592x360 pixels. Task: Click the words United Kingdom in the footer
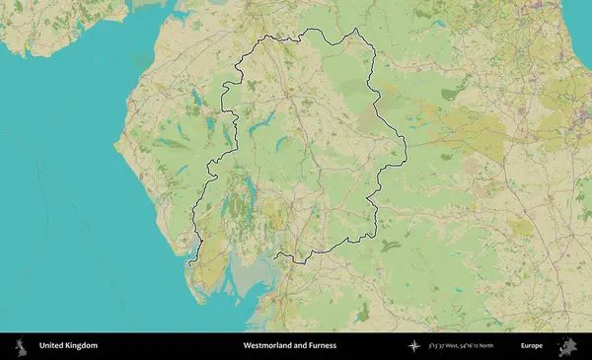68,346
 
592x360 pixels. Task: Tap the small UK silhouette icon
19,346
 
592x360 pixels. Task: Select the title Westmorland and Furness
289,346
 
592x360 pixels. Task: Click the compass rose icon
414,346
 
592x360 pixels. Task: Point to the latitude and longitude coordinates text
461,346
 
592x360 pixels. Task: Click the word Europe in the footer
532,346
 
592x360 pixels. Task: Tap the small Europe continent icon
567,346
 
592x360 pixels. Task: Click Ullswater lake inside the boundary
262,123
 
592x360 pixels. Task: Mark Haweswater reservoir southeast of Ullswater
281,144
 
